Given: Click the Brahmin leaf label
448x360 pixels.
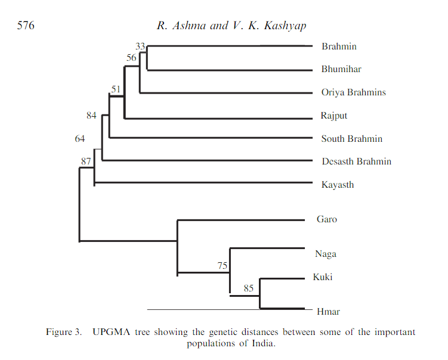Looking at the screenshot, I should coord(339,46).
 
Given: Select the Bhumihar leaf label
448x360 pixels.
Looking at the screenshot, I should coord(341,69).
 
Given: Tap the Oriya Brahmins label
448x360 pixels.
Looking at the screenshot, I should coord(353,92).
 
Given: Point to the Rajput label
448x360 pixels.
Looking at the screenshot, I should coord(334,116).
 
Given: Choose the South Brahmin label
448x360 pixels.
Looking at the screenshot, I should coord(351,139).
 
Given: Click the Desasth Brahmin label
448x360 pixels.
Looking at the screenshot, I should coord(356,162).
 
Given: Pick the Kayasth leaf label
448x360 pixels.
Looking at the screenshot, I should coord(338,185).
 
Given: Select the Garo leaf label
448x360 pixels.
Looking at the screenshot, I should coord(327,219).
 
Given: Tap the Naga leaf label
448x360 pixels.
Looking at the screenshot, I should coord(326,254).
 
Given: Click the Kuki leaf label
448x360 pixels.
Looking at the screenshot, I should coord(323,277).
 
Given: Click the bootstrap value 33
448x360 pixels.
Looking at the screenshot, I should coord(141,46).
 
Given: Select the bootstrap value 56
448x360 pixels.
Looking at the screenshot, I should coord(131,58).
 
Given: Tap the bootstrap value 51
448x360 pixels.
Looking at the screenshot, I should coord(116,89).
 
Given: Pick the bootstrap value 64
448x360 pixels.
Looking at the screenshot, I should coord(80,139).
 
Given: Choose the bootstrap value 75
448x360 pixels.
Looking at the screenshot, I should coord(223,266).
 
